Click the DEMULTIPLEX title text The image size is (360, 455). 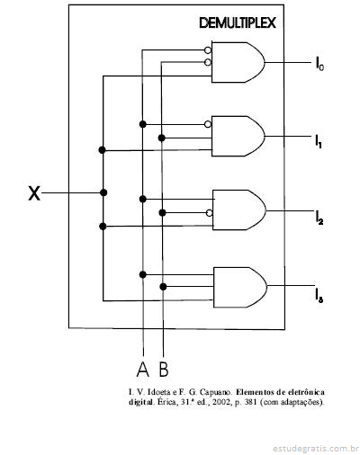click(x=238, y=23)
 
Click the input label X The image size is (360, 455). click(x=34, y=193)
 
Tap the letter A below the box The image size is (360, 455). click(x=143, y=369)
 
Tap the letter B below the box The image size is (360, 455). click(x=164, y=369)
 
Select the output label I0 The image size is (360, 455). click(x=319, y=64)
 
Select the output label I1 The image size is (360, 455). click(x=319, y=141)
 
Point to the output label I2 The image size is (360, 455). click(x=319, y=218)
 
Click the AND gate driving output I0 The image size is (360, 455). click(x=238, y=62)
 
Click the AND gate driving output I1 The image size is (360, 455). click(x=238, y=136)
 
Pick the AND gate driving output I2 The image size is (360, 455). click(x=239, y=210)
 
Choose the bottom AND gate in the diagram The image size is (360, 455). click(x=240, y=287)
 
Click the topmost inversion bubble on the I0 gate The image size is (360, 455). click(x=208, y=49)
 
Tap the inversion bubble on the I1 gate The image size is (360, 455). click(x=208, y=124)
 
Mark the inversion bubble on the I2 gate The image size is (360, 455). click(x=210, y=213)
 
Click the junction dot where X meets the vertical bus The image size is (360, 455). click(x=103, y=192)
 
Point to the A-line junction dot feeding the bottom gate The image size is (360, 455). click(x=143, y=274)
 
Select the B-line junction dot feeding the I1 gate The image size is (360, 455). click(x=162, y=138)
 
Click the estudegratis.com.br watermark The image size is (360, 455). click(x=316, y=449)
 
